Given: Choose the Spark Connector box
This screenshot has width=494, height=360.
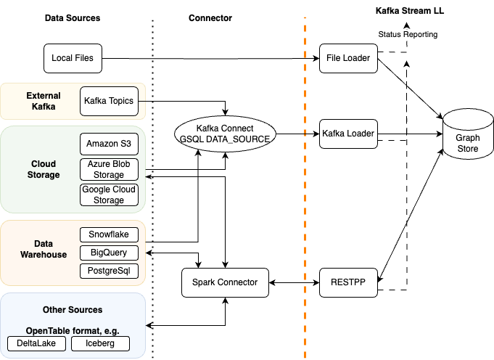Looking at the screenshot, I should (x=224, y=282).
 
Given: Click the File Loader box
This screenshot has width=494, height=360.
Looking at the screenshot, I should (x=349, y=58).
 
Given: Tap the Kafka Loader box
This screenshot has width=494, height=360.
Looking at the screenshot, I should (x=349, y=134).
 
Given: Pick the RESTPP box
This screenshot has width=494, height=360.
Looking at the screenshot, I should (x=349, y=282).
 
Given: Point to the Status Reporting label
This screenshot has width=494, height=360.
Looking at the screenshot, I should (x=408, y=34).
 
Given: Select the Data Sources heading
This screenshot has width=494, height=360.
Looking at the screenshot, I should (x=73, y=17).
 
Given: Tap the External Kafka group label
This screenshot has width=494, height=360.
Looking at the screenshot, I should (x=44, y=101).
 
